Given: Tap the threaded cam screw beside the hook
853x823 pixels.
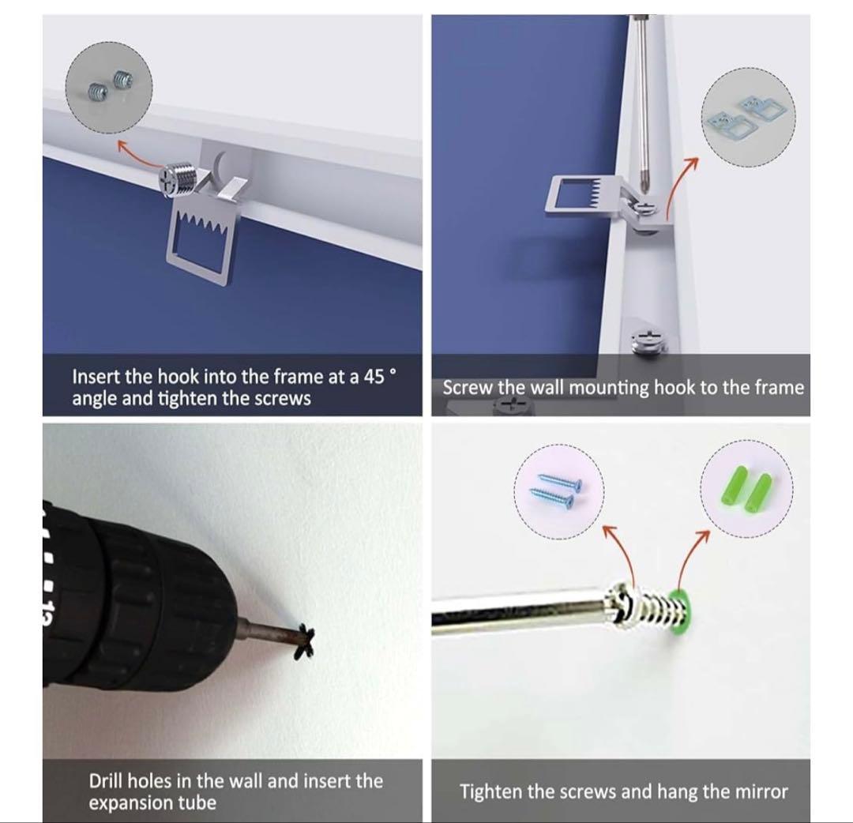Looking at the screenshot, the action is (175, 179).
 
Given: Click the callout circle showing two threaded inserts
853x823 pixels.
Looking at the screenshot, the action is (109, 88).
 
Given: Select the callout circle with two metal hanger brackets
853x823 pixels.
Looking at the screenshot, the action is (748, 117).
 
